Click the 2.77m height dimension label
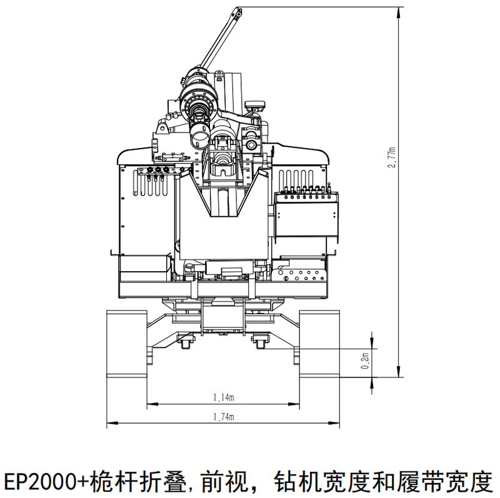(x=392, y=158)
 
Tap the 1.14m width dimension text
(x=223, y=397)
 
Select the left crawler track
(x=127, y=342)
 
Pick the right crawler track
(x=321, y=342)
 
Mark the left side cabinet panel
(x=141, y=212)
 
